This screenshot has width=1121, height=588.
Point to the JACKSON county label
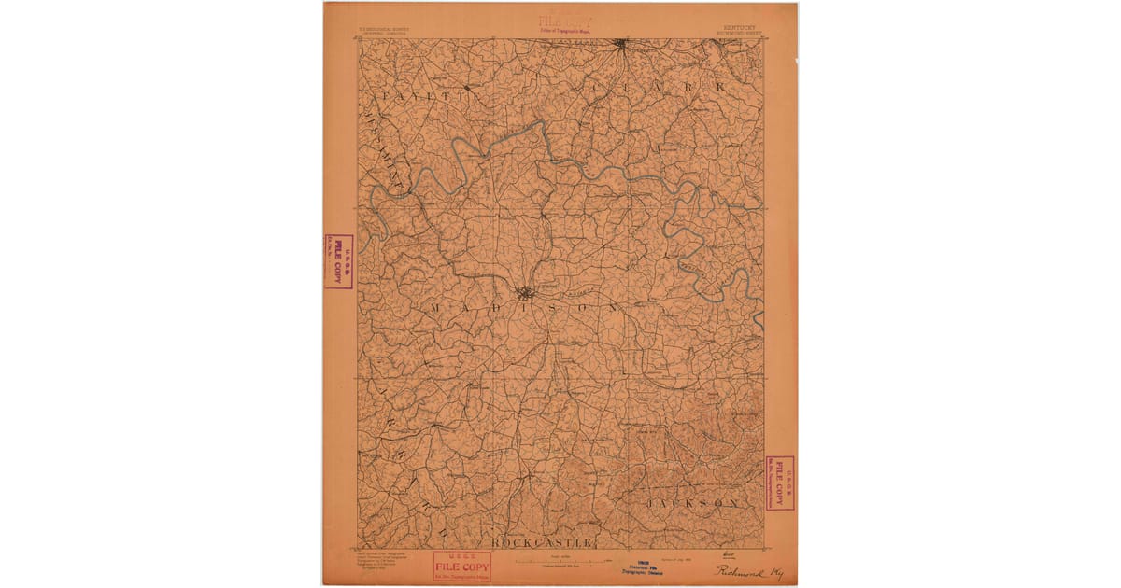[x=697, y=503]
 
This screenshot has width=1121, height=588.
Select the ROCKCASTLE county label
[x=541, y=542]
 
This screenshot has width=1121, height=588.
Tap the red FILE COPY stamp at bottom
[x=461, y=567]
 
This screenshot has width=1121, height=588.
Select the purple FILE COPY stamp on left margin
[x=338, y=261]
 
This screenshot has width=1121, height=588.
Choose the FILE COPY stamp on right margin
[x=779, y=483]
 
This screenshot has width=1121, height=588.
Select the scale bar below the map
[x=560, y=561]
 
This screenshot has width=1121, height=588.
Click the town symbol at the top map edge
[x=621, y=43]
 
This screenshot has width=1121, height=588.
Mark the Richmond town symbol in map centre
[x=526, y=292]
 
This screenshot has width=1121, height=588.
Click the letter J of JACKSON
[x=649, y=503]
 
